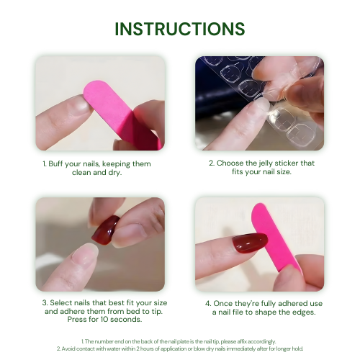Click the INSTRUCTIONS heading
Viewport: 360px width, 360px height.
(x=180, y=29)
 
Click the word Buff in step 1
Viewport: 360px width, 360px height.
(x=55, y=164)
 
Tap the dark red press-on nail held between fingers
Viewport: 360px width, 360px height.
(x=106, y=230)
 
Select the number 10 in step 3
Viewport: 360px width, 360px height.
(x=104, y=320)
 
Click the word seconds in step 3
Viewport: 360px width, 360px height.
(x=126, y=320)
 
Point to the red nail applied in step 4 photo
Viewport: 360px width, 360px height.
(x=250, y=243)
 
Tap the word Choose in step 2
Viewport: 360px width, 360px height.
(x=230, y=163)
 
